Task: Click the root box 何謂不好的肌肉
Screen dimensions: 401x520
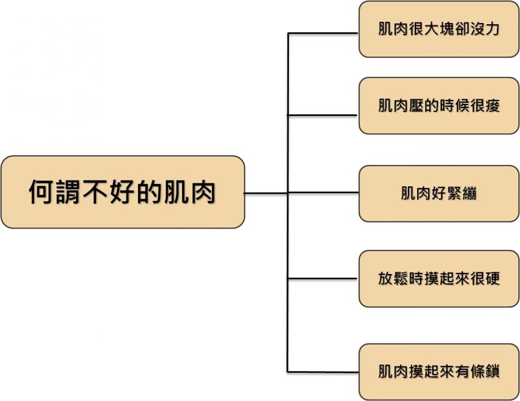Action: click(x=122, y=192)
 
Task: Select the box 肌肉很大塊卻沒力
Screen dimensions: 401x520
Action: click(x=439, y=29)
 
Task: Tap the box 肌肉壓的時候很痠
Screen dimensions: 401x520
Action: click(x=439, y=106)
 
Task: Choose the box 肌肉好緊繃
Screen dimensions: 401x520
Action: click(x=439, y=193)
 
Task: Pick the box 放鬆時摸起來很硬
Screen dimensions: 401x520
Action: click(x=439, y=279)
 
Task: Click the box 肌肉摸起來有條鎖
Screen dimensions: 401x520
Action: click(x=439, y=372)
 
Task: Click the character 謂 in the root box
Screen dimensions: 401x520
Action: click(x=68, y=192)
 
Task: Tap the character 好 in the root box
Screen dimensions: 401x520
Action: click(x=122, y=192)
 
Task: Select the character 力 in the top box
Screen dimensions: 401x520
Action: click(x=492, y=29)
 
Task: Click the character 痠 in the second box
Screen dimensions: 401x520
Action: click(x=492, y=106)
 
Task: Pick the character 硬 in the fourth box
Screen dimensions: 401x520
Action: click(x=492, y=279)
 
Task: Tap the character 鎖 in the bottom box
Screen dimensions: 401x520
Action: click(x=492, y=372)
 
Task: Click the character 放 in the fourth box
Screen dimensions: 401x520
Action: click(x=386, y=279)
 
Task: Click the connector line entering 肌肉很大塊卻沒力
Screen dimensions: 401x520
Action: click(x=324, y=33)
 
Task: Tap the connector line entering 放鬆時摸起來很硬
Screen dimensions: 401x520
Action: click(x=324, y=279)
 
